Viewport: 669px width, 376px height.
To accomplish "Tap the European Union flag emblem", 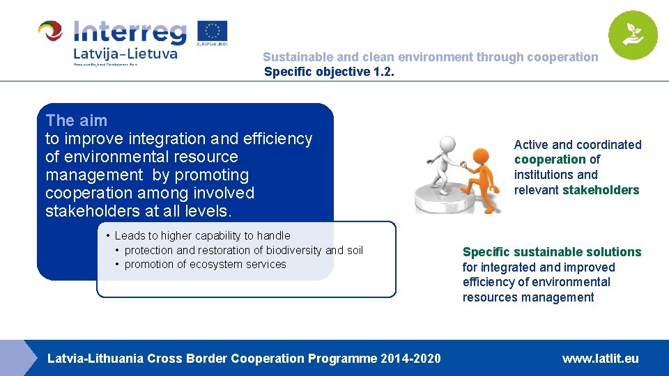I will click(212, 31).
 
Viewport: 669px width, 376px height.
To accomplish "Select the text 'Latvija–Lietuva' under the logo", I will click(125, 53).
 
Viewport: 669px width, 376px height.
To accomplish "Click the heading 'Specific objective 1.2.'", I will click(329, 71).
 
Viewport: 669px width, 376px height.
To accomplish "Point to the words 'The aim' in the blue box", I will click(77, 120).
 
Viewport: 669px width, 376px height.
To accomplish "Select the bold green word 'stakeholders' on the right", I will click(601, 190).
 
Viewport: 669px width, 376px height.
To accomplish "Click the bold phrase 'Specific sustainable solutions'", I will click(552, 252).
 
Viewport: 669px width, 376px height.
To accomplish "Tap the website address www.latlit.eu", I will click(600, 359).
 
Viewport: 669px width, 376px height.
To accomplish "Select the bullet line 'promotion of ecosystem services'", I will click(205, 265).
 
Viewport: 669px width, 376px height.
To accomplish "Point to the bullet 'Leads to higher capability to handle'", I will click(202, 235).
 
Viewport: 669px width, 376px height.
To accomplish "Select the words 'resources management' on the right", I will click(528, 298).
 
